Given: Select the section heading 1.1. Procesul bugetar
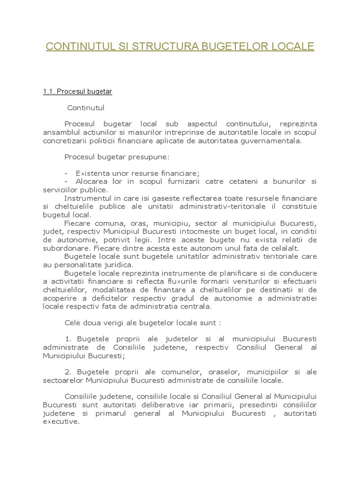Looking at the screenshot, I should [77, 91].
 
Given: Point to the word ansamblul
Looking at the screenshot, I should [60, 132].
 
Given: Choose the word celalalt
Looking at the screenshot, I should [282, 247].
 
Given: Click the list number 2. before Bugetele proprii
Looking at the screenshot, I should [68, 372].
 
